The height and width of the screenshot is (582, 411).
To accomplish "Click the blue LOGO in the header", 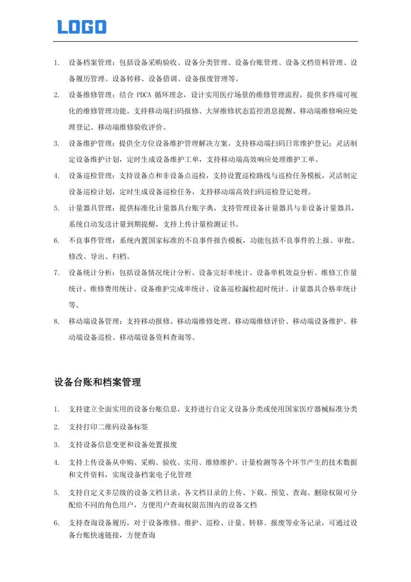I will click(82, 26).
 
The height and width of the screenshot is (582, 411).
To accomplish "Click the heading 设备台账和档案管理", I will click(97, 383).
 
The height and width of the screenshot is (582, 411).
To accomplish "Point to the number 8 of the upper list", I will click(57, 321).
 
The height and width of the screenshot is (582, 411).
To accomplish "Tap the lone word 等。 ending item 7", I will click(74, 305).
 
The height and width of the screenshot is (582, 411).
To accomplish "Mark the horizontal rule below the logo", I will click(206, 41).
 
